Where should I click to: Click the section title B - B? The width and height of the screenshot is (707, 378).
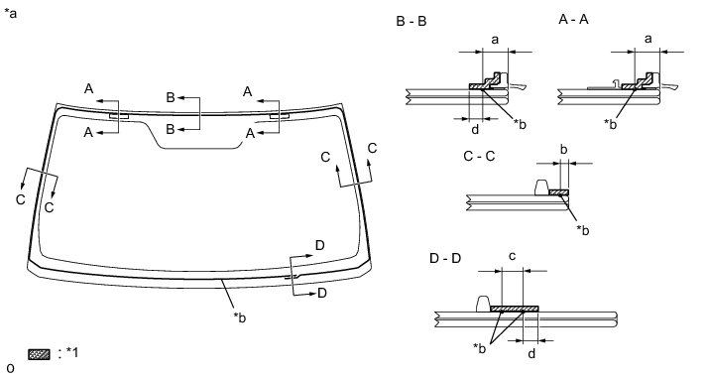(x=412, y=21)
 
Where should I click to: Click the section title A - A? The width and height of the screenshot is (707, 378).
(x=573, y=20)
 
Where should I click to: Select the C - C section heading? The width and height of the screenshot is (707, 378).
(x=479, y=156)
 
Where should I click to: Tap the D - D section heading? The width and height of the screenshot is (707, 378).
(x=445, y=259)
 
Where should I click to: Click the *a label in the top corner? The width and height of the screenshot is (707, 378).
(x=10, y=13)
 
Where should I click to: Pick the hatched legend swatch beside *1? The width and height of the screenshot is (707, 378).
(x=40, y=354)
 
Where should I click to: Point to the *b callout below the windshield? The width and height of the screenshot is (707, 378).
(x=240, y=317)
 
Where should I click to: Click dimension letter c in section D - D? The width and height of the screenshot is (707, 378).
(x=512, y=257)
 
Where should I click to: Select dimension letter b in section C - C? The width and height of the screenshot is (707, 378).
(x=563, y=149)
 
